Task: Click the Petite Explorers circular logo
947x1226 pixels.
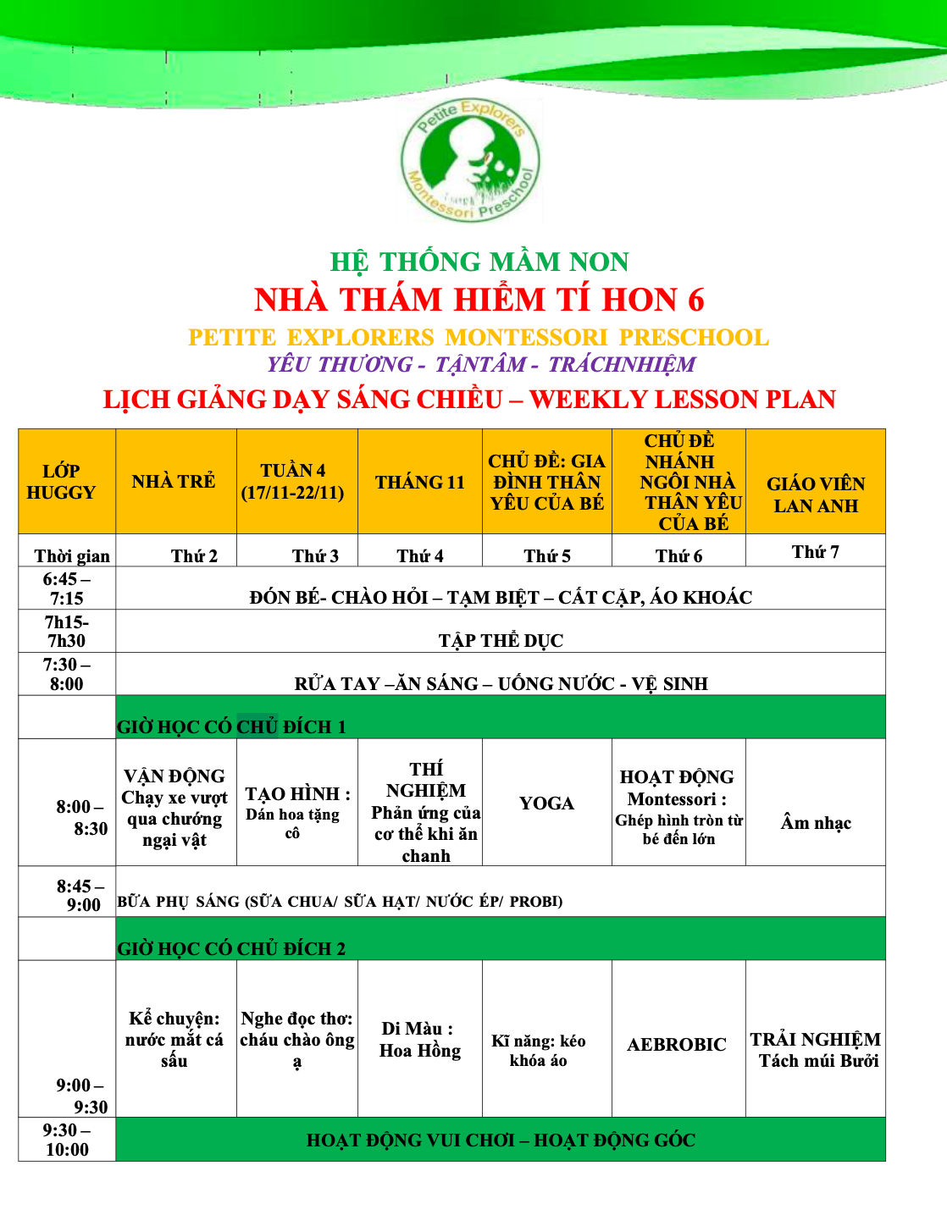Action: tap(471, 161)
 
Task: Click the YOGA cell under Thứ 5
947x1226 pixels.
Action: tap(546, 803)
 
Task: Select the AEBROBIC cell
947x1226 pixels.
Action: tap(677, 1044)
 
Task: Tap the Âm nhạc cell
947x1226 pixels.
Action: tap(816, 822)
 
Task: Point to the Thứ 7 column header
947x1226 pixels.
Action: tap(815, 552)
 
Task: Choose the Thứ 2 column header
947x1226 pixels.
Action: tap(194, 555)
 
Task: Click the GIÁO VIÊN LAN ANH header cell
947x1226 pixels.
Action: tap(816, 494)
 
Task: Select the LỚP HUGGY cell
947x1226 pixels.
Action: tap(61, 482)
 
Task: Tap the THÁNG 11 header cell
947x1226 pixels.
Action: tap(420, 482)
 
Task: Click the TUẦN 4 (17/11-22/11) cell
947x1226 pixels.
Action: tap(293, 482)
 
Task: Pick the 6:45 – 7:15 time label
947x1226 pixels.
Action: tap(67, 588)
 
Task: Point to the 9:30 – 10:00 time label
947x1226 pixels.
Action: tap(67, 1140)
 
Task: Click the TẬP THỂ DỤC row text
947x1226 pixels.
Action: tap(501, 640)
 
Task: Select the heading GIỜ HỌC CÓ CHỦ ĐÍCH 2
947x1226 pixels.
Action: tap(231, 948)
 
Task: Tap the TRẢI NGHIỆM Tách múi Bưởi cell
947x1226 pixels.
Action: tap(816, 1050)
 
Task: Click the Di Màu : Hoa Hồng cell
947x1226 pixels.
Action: tap(420, 1040)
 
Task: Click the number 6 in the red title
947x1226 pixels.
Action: tap(695, 300)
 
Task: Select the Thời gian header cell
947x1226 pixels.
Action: tap(72, 555)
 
